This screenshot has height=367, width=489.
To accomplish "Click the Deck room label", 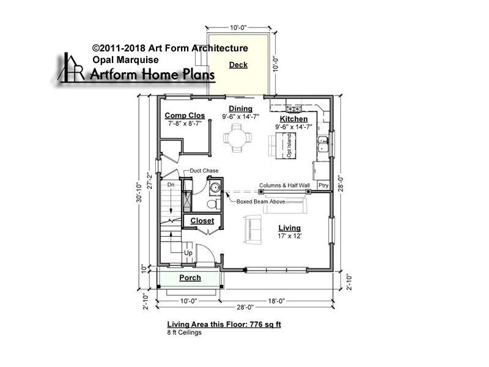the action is click(x=238, y=65).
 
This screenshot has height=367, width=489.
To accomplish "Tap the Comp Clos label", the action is click(x=185, y=116).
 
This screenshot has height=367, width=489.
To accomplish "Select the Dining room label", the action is click(x=240, y=109).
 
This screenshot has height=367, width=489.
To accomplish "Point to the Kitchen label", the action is click(x=293, y=119).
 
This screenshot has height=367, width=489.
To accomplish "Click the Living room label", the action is click(x=289, y=228).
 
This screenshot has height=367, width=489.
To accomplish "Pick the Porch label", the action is click(x=190, y=278).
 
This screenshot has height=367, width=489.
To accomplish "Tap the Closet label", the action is click(x=202, y=221).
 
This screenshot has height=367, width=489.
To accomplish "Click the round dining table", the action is click(x=237, y=138).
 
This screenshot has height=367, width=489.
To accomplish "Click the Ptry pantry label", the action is click(x=323, y=185).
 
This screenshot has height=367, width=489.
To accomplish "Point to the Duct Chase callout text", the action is click(x=204, y=171).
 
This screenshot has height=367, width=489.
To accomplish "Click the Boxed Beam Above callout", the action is click(x=261, y=202).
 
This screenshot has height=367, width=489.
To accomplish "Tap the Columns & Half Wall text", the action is click(x=284, y=185).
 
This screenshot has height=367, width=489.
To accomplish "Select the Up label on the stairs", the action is click(x=188, y=253).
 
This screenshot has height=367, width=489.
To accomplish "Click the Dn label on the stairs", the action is click(x=171, y=185).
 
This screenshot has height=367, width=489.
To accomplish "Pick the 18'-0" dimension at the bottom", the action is click(x=276, y=301).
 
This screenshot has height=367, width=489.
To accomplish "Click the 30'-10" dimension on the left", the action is click(x=139, y=193).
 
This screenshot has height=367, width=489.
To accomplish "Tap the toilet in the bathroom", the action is click(x=213, y=204).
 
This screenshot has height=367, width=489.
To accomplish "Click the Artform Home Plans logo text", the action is click(x=152, y=74).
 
